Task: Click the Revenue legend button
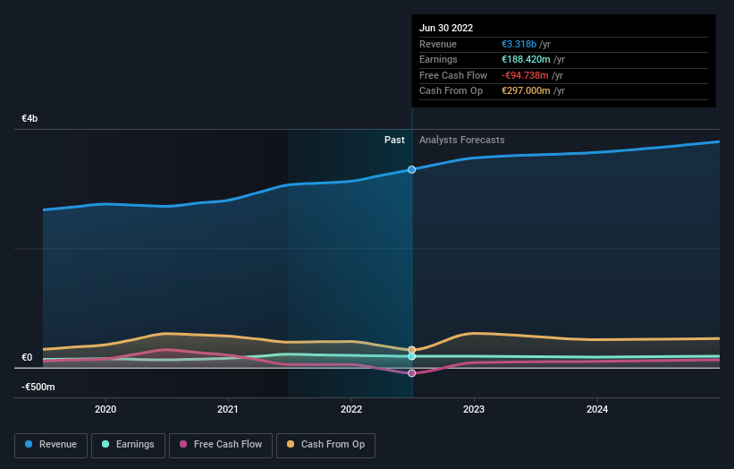coord(51,444)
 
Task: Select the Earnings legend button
coord(128,444)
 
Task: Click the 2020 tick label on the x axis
coord(105,409)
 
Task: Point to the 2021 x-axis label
coord(228,409)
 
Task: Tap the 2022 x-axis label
coord(351,409)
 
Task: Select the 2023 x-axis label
coord(474,409)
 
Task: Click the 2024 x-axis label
coord(597,409)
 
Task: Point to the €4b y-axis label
coord(30,118)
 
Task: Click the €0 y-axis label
coord(27,358)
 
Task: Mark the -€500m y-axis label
coord(38,387)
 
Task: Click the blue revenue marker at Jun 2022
coord(412,169)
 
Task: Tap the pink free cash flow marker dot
coord(412,373)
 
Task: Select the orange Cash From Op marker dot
coord(412,350)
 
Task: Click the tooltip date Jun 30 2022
coord(446,28)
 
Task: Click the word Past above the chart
coord(394,140)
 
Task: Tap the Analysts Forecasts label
coord(461,140)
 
